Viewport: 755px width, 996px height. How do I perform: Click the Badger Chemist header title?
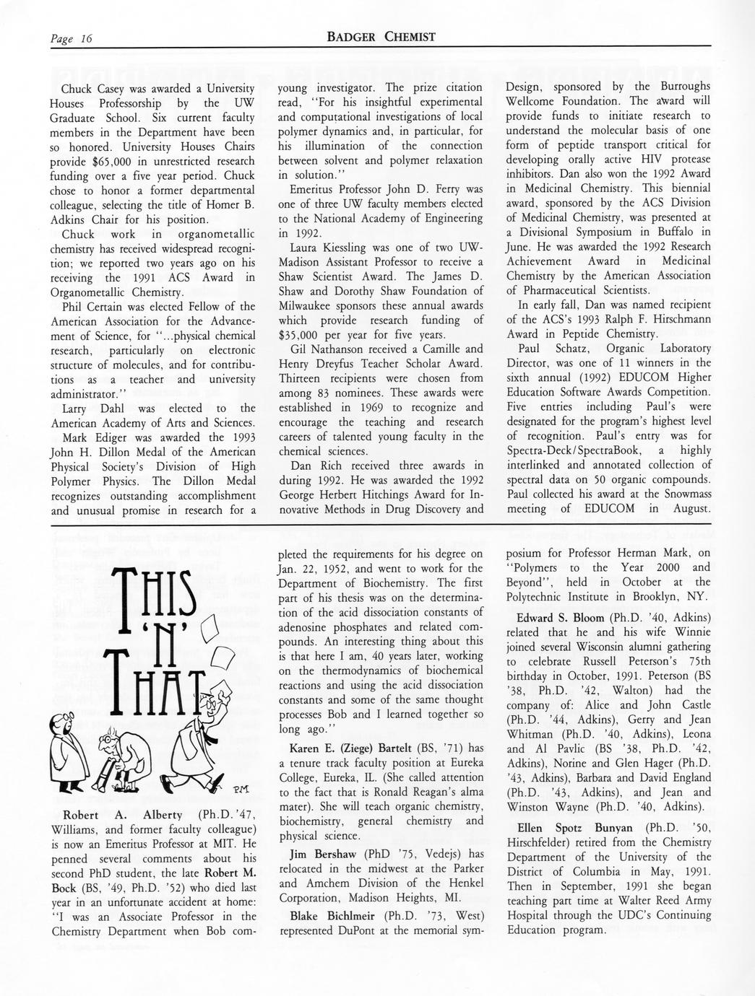pos(381,37)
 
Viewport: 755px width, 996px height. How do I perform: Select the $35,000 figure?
pos(302,335)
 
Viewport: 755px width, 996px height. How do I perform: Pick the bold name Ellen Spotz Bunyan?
pos(575,827)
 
